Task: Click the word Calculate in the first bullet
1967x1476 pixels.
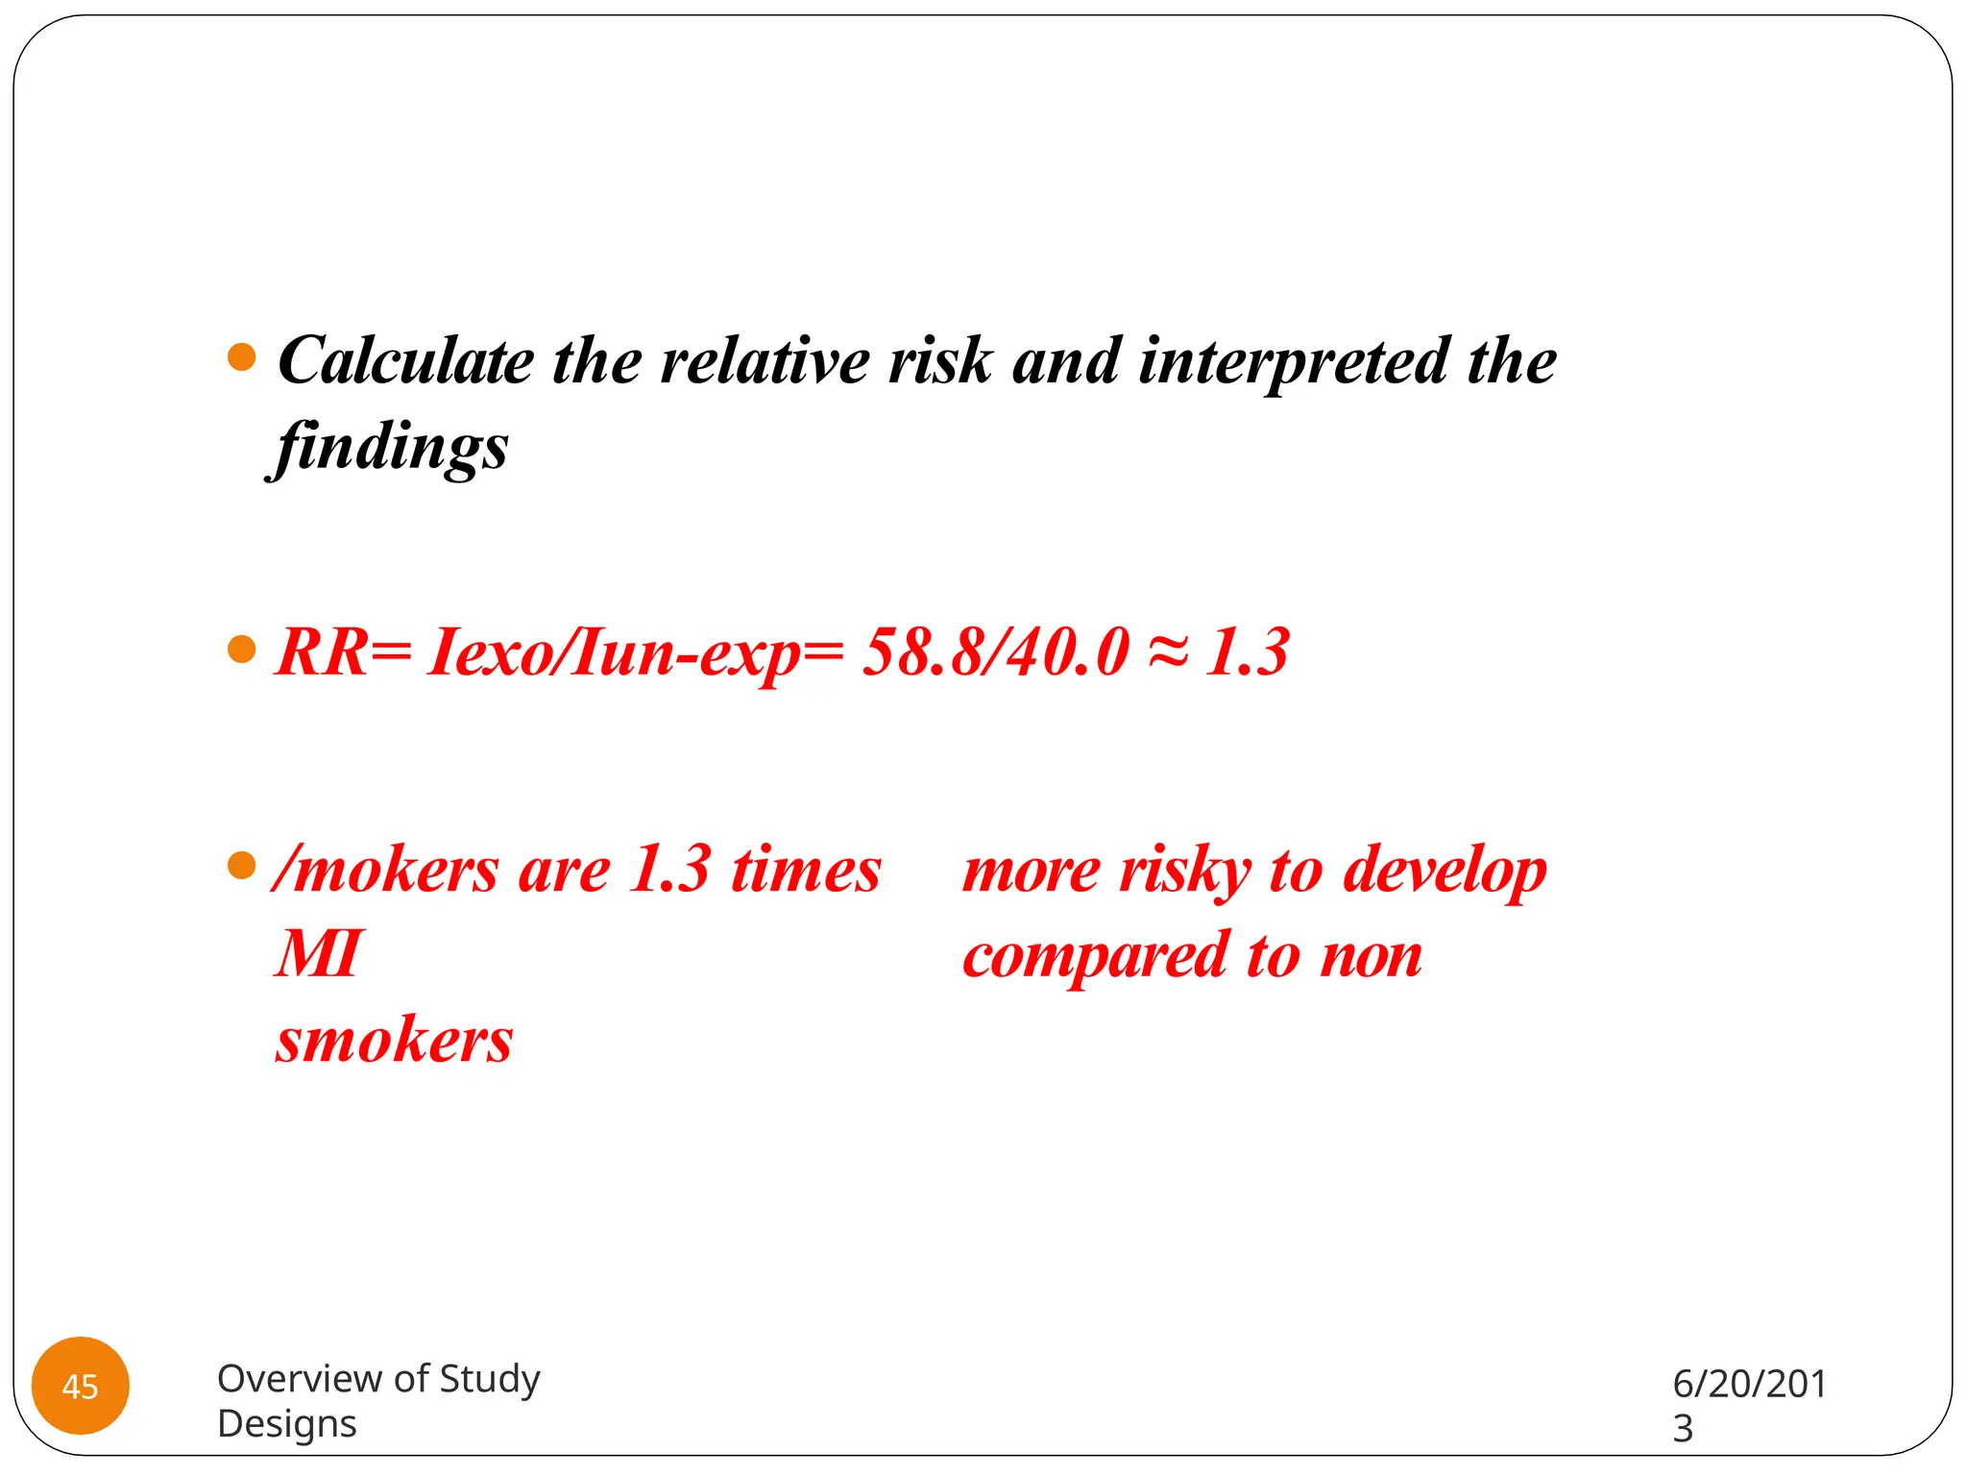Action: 404,361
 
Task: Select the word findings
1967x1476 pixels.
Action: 389,448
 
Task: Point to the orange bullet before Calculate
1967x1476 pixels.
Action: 242,357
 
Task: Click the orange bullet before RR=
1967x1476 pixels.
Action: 242,650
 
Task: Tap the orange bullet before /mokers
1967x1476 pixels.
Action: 242,866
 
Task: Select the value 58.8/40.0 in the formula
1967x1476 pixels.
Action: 995,652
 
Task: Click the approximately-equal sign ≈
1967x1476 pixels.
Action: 1168,652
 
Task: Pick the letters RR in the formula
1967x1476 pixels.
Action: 321,652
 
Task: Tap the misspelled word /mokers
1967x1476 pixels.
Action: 385,871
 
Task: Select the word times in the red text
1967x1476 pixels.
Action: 805,871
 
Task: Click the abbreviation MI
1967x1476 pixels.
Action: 319,954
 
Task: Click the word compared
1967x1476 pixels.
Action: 1096,958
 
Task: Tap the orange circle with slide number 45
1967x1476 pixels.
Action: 81,1385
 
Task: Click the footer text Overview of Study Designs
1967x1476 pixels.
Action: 377,1400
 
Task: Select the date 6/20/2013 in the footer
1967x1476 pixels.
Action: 1748,1403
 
